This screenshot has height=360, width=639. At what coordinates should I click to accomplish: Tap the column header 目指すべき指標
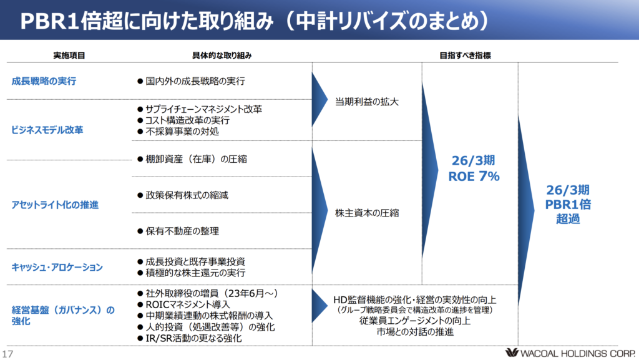point(465,56)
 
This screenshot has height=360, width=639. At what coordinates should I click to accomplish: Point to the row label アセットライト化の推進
point(55,205)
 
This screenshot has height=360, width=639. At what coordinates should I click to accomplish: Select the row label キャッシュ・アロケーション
point(57,267)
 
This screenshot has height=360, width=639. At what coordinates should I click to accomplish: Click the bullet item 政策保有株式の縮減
point(187,195)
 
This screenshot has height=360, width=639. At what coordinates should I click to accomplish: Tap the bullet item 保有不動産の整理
point(182,231)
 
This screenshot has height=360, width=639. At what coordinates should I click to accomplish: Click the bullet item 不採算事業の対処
point(182,132)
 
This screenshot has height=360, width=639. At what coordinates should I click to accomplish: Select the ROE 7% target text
point(474,177)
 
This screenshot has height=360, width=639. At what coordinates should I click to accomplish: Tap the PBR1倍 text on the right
point(568,204)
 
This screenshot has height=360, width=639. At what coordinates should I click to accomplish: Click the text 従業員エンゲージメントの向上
point(414,321)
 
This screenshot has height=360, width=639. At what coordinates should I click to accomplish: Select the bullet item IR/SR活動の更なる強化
point(193,338)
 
